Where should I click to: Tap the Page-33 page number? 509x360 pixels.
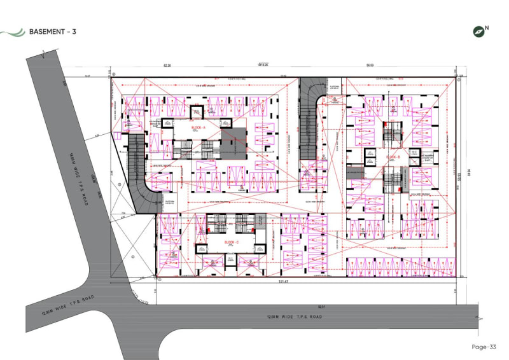coord(483,347)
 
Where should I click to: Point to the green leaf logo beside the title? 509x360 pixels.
coord(13,31)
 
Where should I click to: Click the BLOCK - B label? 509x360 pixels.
coord(393,156)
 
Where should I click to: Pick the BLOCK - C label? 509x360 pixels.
coord(232,243)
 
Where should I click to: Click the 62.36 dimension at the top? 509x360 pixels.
coord(168,66)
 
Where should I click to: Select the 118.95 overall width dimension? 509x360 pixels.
coord(263,64)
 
